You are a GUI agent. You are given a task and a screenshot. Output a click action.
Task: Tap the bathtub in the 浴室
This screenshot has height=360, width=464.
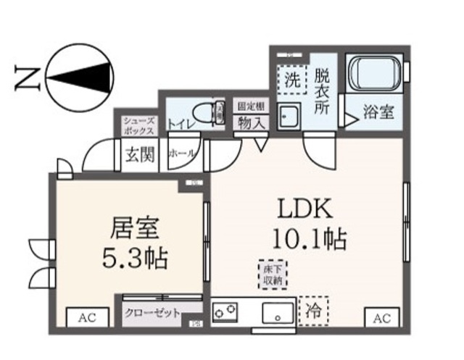375,75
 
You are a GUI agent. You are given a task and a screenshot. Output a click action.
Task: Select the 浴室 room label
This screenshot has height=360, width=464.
379,113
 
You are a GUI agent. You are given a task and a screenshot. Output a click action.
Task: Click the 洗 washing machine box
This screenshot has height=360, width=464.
291,80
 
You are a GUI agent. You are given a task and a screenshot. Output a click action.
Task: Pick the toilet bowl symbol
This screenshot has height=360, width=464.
217,113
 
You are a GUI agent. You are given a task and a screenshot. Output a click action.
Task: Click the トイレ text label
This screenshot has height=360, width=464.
181,124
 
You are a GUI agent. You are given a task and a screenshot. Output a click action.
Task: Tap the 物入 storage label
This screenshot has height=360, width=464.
250,122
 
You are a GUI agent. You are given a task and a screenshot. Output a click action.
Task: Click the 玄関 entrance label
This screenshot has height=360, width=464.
138,154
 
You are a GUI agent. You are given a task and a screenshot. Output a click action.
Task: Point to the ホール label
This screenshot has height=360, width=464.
181,154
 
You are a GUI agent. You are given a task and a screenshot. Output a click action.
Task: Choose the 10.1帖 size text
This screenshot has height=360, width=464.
309,237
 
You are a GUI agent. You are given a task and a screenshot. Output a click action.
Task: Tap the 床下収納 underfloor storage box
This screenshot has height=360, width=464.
272,275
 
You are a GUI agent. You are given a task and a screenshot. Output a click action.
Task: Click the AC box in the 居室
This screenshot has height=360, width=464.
87,317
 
